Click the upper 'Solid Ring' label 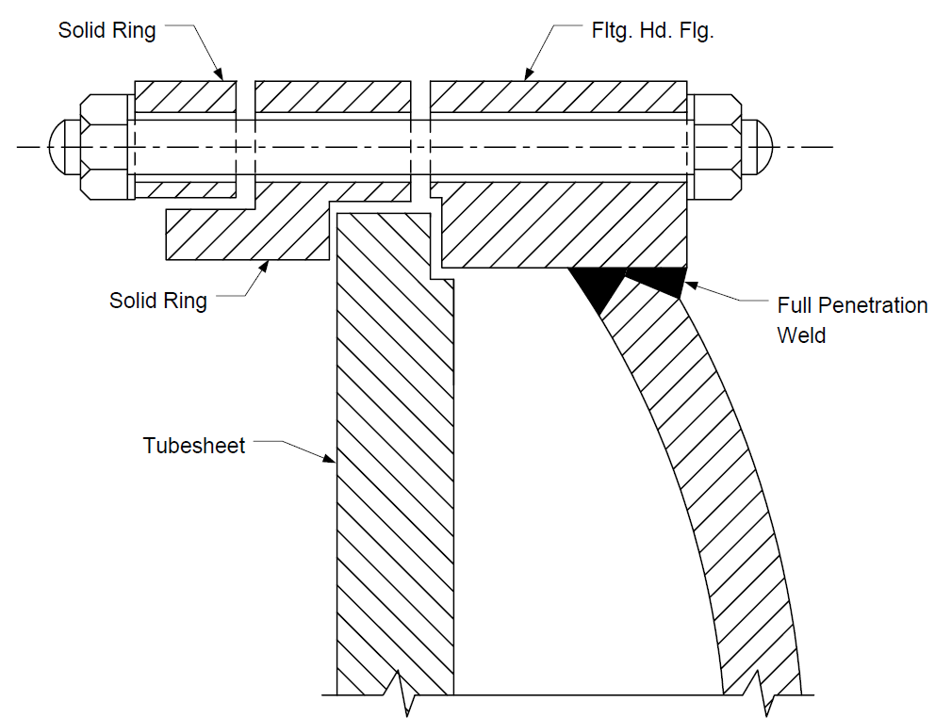point(107,30)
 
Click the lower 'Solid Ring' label point(158,300)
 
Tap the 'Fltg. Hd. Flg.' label point(652,30)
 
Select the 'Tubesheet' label point(194,446)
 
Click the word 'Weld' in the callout point(801,335)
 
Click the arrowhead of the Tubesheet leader point(329,458)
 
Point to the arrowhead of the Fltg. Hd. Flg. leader point(529,73)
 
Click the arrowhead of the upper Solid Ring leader point(219,73)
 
